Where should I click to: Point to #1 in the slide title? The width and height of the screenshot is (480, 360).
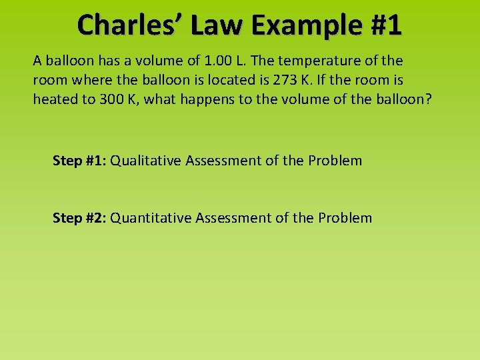click(x=385, y=25)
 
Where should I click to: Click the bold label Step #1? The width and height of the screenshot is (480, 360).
click(x=79, y=161)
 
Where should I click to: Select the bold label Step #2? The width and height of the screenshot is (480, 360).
click(x=79, y=218)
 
